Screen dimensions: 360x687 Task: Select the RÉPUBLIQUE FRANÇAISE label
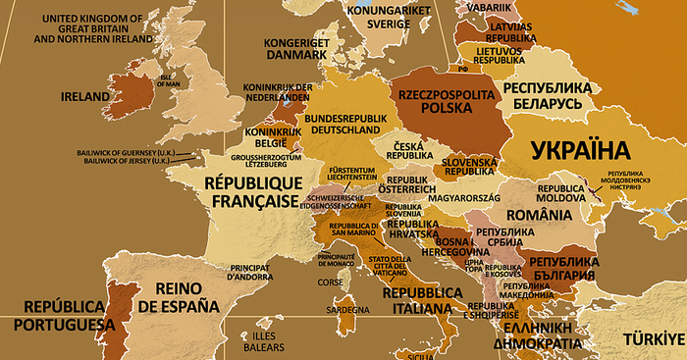pos(250,191)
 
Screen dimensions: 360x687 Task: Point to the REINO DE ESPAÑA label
pos(179,297)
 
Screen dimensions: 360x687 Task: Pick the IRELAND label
pos(84,98)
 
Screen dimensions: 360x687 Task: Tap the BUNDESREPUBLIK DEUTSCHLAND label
pos(343,124)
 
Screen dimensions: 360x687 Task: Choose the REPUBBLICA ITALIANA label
pos(422,300)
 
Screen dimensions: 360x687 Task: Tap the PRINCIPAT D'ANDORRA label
pos(249,273)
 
